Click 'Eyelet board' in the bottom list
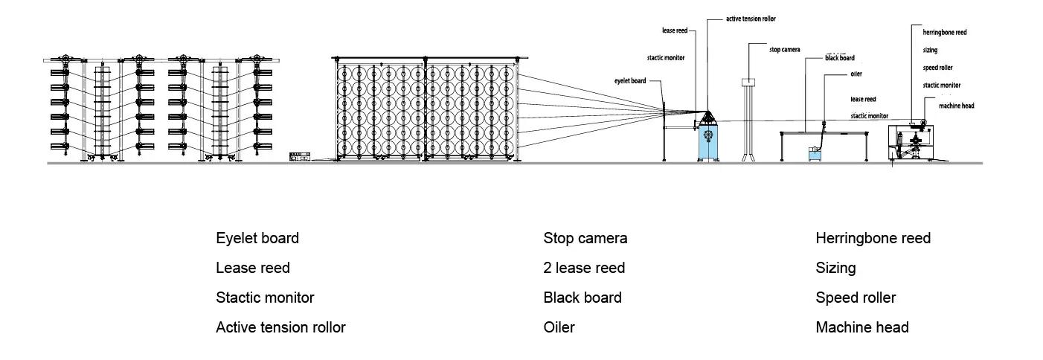point(257,238)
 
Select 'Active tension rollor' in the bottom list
point(280,327)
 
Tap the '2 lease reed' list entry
point(584,268)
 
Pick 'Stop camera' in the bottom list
point(585,238)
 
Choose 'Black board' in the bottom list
point(583,298)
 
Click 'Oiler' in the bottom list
point(559,327)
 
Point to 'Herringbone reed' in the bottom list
point(873,238)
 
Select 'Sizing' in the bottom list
point(835,268)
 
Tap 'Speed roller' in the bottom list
point(856,298)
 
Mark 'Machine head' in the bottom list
point(861,327)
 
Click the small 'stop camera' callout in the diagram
point(785,50)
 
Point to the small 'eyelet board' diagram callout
point(630,81)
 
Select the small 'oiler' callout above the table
point(856,74)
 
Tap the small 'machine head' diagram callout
point(956,106)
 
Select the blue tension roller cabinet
point(709,141)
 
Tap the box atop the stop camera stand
point(748,83)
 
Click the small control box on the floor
point(301,156)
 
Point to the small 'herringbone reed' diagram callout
point(945,33)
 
